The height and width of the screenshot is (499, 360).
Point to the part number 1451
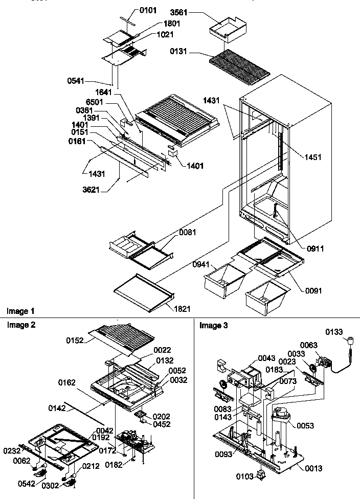point(312,157)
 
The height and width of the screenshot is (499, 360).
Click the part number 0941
point(202,264)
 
